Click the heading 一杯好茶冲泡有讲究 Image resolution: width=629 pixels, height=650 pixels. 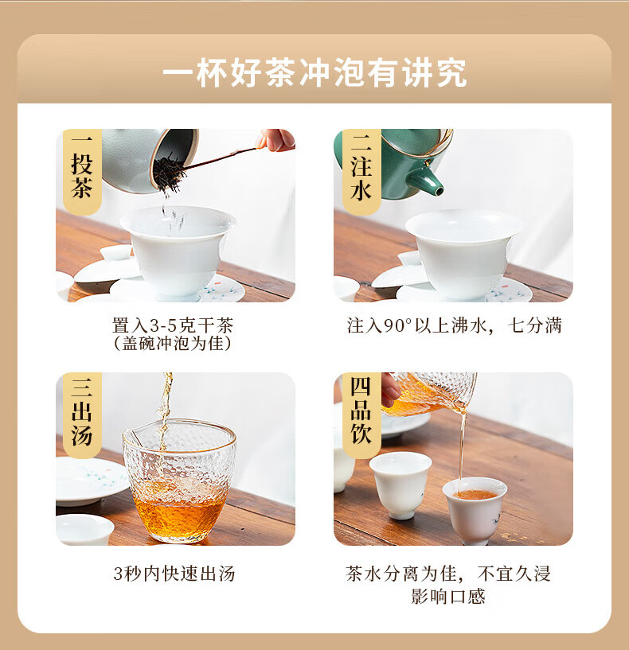[314, 73]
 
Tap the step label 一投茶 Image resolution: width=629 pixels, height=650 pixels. [82, 168]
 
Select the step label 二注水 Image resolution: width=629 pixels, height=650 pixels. [361, 168]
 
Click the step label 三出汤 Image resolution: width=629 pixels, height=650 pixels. [82, 412]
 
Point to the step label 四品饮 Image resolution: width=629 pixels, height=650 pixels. [361, 411]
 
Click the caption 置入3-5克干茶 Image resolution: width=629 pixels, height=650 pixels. [173, 325]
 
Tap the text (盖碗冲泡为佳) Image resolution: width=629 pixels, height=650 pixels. [173, 343]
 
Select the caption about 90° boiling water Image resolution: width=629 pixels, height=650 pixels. [455, 325]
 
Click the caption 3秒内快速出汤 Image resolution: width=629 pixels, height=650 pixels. [174, 574]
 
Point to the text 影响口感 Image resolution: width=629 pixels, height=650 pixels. [448, 597]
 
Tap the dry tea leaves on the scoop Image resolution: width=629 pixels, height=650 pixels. [169, 172]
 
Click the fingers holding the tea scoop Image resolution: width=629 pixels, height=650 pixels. [275, 140]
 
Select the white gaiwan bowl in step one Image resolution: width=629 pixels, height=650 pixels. [178, 249]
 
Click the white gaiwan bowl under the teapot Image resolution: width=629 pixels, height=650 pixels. [463, 253]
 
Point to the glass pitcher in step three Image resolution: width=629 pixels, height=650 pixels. [179, 481]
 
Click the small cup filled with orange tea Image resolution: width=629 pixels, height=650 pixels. [475, 510]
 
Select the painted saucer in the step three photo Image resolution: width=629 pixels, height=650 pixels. [92, 481]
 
